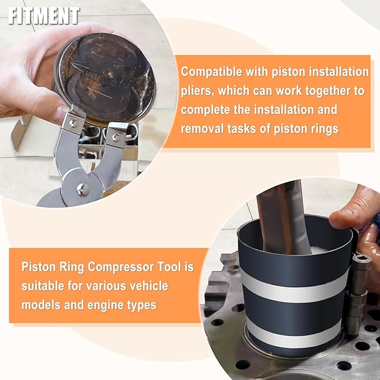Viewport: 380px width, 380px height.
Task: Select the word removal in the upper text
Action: (x=204, y=128)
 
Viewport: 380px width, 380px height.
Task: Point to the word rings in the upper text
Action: (x=323, y=128)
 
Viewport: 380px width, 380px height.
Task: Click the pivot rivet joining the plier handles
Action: (x=82, y=190)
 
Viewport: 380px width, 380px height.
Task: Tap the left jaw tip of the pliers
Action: (x=71, y=120)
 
